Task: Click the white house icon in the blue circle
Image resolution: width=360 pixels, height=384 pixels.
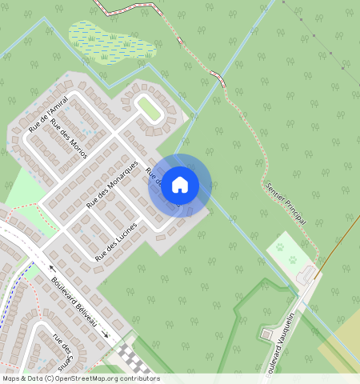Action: point(180,184)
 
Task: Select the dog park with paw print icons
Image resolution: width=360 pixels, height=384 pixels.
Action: point(286,252)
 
